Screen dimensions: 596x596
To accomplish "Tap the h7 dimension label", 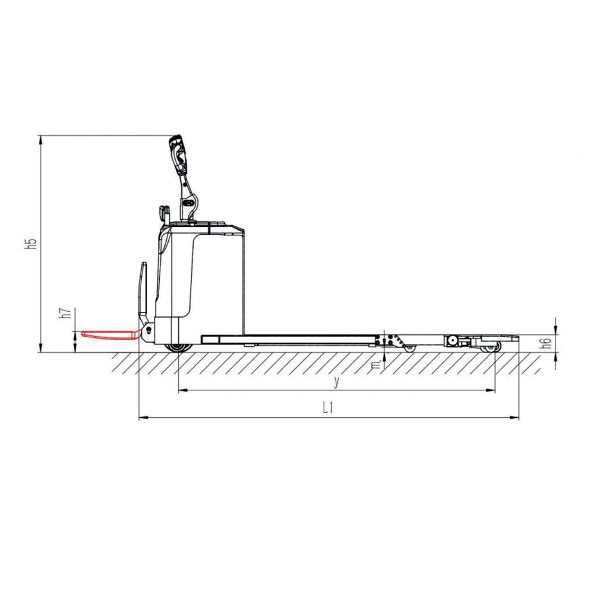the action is click(65, 313).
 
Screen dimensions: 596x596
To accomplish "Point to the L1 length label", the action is click(328, 408).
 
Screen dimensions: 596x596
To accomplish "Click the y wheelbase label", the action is click(336, 381).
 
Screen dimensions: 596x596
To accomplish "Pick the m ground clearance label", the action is click(376, 365).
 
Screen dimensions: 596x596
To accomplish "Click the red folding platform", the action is click(110, 334).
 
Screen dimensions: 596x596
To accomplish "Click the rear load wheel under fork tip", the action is click(491, 347).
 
